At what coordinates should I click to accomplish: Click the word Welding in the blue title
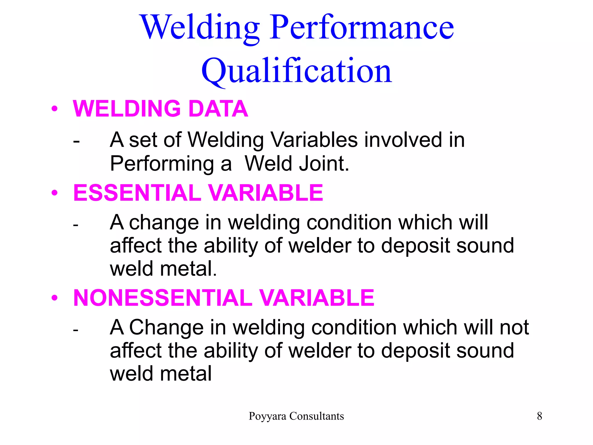point(200,28)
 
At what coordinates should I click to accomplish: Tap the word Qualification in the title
point(296,71)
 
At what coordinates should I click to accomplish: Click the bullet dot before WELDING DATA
point(54,109)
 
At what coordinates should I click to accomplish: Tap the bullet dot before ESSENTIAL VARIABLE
point(54,193)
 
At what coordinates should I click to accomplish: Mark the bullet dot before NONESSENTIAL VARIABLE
point(54,298)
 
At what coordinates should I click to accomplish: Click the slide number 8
point(539,416)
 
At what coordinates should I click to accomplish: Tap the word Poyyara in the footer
point(268,416)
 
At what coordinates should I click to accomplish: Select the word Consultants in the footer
point(317,416)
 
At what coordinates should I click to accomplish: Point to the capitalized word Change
point(166,328)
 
